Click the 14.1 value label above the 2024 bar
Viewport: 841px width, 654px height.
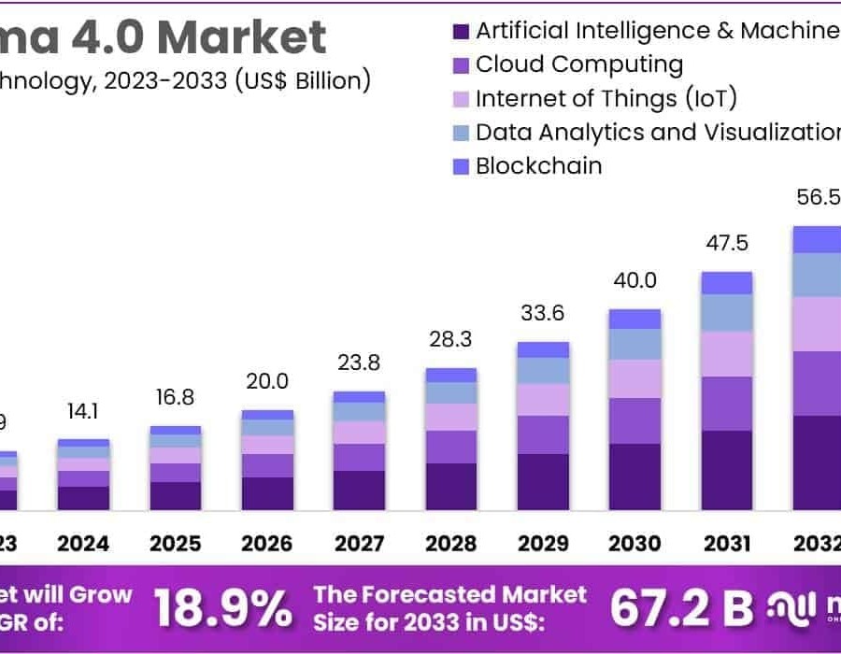(83, 412)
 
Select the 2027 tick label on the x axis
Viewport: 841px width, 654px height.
(360, 544)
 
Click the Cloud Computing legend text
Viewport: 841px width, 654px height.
(578, 64)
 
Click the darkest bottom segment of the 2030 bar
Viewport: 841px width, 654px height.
(635, 476)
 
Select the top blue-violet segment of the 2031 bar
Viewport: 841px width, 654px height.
(727, 283)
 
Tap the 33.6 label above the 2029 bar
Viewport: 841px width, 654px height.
(543, 314)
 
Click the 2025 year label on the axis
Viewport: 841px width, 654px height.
(176, 544)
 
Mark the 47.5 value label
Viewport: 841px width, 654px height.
(727, 244)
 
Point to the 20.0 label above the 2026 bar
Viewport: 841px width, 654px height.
(267, 381)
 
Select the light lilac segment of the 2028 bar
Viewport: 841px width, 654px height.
(451, 417)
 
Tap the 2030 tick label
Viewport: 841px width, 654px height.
(635, 544)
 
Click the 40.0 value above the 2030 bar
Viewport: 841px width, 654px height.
(635, 281)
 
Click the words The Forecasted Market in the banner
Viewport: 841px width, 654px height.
(449, 595)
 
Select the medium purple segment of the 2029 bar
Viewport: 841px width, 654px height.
(543, 434)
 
